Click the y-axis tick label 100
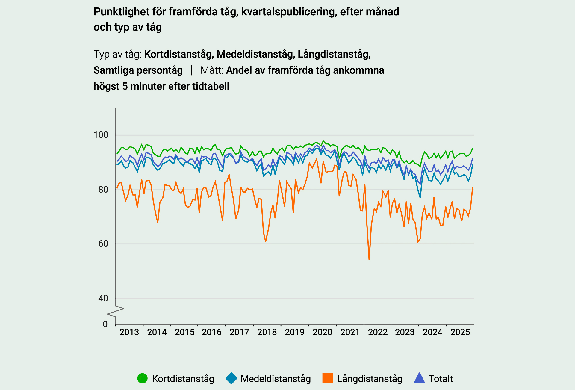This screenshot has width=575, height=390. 101,135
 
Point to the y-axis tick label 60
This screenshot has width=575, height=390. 103,244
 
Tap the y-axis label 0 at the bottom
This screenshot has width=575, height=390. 105,324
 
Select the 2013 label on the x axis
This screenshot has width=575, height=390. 129,332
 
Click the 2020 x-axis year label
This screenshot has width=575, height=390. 322,332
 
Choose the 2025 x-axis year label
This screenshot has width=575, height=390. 460,332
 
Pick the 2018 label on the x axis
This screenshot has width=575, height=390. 267,332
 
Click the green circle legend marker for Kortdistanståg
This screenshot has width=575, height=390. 143,378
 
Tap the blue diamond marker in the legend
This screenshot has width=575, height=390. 231,378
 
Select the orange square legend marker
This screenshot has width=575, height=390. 328,378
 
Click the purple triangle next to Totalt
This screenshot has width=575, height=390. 419,378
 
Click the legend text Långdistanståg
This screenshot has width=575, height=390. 370,379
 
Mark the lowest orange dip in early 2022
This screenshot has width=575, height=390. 369,259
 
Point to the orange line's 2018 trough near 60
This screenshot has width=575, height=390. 266,241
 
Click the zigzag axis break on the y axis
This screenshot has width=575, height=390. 116,311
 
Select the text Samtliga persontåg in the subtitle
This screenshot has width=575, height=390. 138,70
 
